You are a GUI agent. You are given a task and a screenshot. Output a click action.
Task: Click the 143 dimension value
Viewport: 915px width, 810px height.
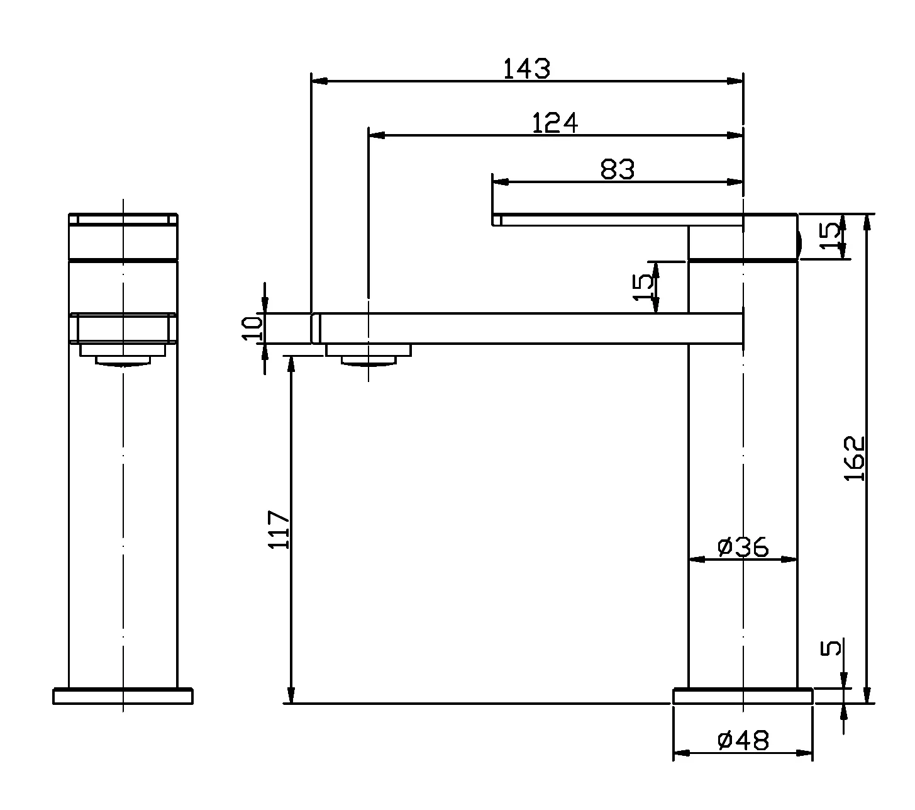(x=526, y=69)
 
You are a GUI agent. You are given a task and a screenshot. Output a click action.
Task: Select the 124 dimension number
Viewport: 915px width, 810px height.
(x=555, y=123)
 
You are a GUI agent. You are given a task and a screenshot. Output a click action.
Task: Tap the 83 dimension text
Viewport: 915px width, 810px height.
(x=618, y=169)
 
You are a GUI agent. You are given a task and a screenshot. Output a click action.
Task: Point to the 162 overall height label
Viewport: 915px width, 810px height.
(x=854, y=458)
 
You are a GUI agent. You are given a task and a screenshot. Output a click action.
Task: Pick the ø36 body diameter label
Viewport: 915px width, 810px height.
(x=743, y=547)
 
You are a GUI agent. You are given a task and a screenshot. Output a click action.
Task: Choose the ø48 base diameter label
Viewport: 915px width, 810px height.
(x=743, y=741)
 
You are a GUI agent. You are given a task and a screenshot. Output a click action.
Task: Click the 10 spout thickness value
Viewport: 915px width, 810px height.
(x=252, y=328)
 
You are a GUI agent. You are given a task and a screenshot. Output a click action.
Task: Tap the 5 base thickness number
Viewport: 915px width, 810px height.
(x=831, y=648)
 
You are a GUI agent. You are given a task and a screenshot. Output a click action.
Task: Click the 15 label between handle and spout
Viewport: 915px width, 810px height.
(x=643, y=287)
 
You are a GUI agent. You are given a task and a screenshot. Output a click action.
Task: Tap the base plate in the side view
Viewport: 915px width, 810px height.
(x=743, y=696)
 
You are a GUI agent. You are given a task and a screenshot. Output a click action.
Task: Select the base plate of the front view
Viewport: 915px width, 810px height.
(x=123, y=696)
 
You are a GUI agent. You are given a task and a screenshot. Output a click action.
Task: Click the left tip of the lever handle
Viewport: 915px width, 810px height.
(x=497, y=220)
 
